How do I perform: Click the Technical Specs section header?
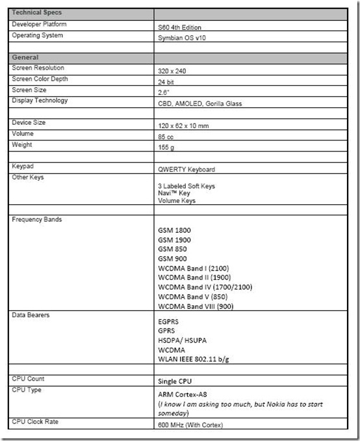tap(38, 13)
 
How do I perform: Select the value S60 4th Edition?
tap(179, 27)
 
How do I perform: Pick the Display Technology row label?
tap(40, 100)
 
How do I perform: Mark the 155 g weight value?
tap(167, 148)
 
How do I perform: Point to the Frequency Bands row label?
tap(37, 220)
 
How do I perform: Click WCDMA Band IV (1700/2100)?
tap(205, 287)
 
